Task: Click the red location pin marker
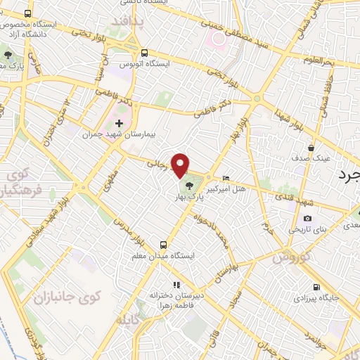(181, 165)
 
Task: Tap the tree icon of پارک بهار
(191, 186)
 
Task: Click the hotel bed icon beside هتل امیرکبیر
(225, 178)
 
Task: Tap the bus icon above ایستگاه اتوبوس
(144, 53)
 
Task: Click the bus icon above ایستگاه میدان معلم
(163, 245)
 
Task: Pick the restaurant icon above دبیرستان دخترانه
(176, 285)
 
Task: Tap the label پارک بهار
(191, 198)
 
